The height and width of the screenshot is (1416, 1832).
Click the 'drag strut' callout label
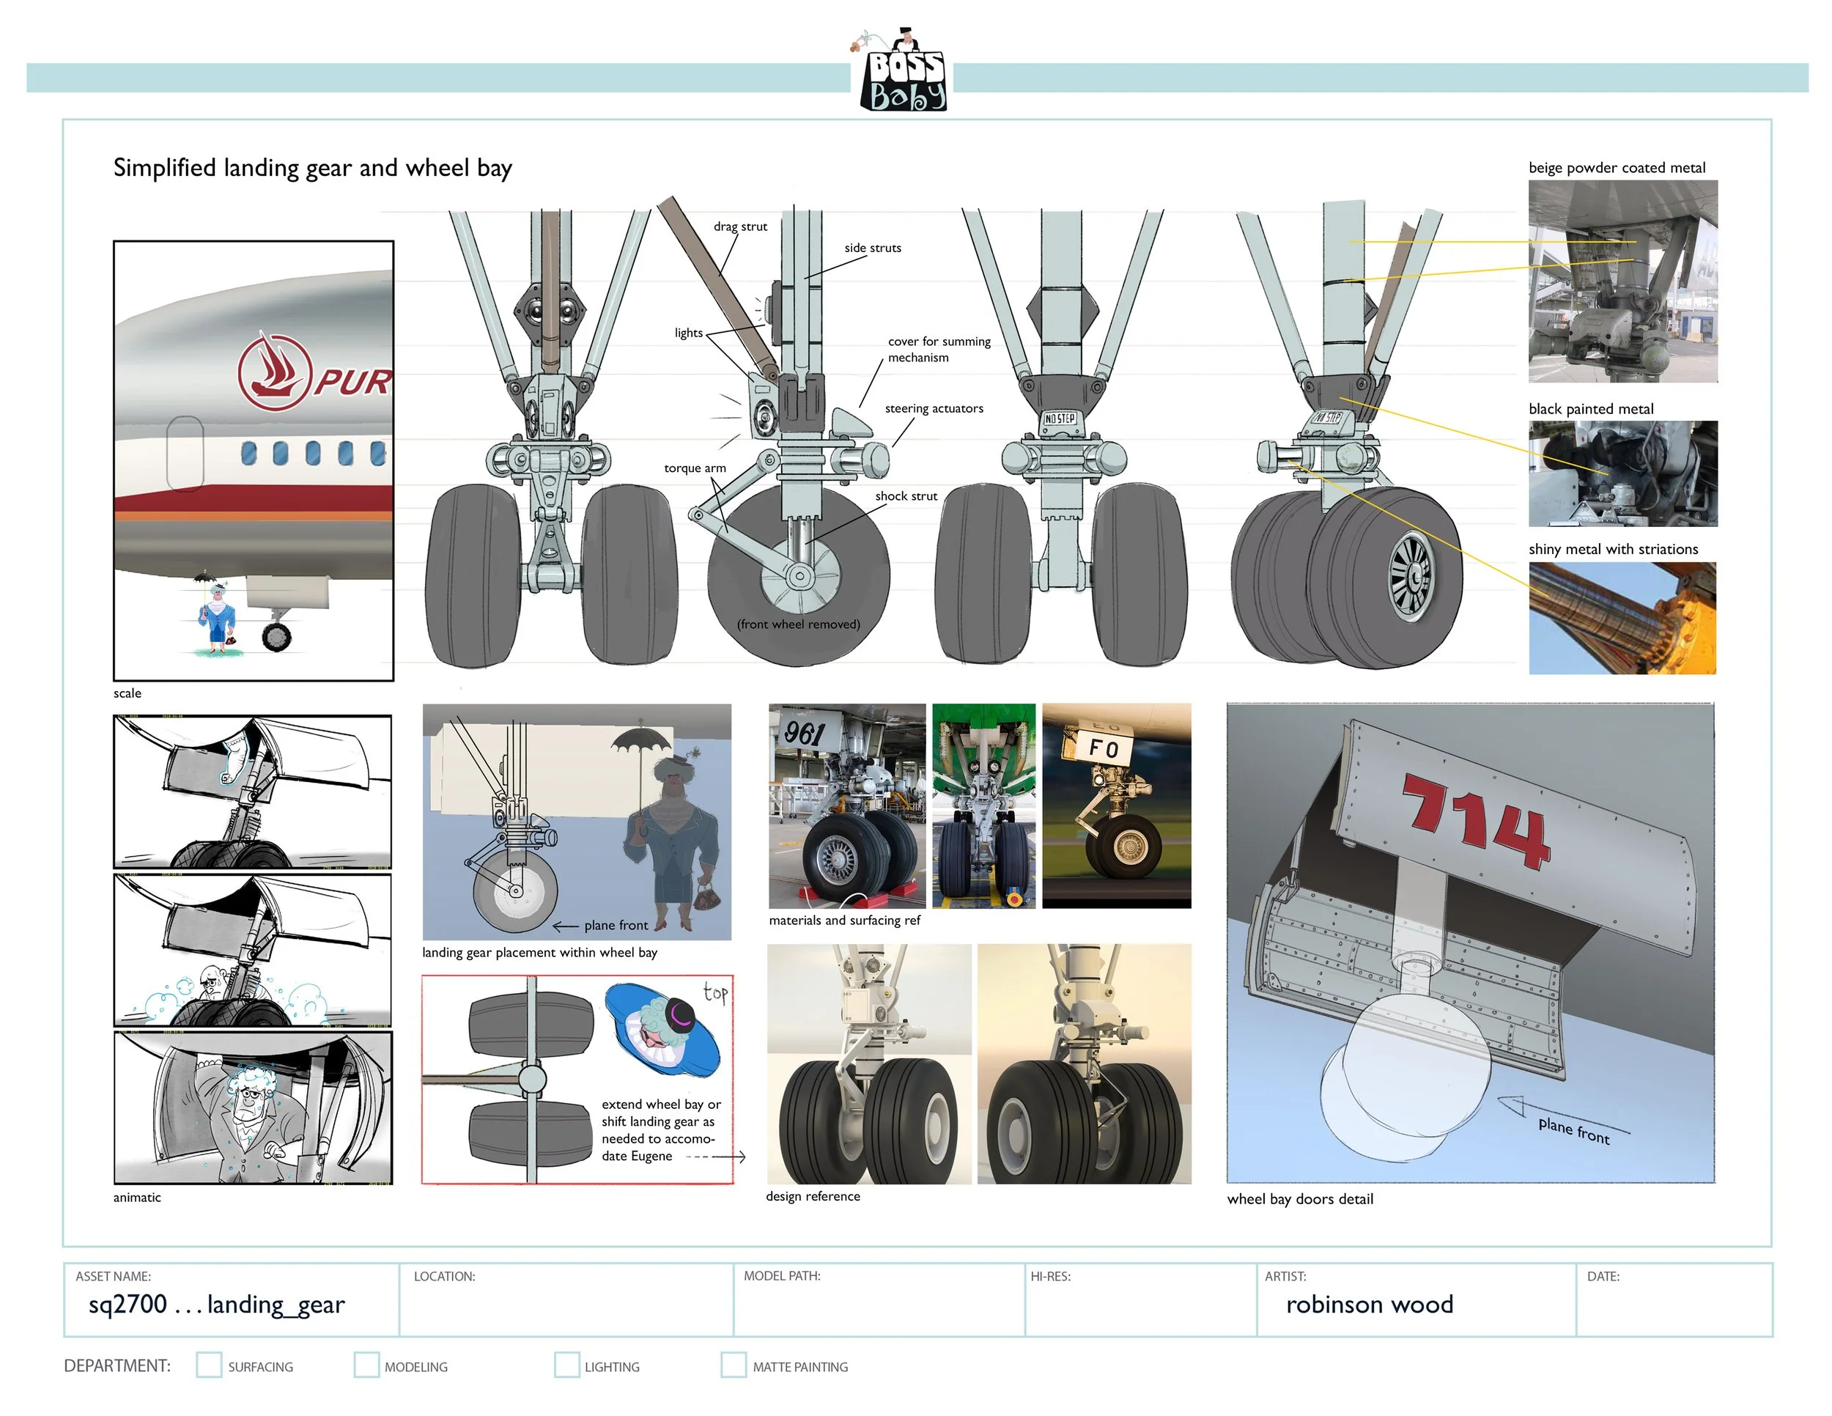click(740, 226)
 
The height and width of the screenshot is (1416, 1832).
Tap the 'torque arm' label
click(695, 468)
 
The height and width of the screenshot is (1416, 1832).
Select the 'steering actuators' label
click(934, 408)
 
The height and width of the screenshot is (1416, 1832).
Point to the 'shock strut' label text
click(906, 495)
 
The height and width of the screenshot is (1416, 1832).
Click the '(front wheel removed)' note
click(799, 624)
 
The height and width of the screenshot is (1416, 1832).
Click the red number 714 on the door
click(1477, 822)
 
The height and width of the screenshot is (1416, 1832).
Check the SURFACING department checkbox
click(209, 1365)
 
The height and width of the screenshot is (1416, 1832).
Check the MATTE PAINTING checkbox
click(733, 1365)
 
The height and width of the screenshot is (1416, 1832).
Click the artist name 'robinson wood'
click(1369, 1305)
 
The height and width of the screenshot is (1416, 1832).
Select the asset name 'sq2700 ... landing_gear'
click(216, 1305)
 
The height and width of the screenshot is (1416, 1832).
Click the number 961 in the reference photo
click(805, 733)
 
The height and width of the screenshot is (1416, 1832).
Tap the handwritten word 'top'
click(715, 993)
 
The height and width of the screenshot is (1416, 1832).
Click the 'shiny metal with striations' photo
click(1622, 619)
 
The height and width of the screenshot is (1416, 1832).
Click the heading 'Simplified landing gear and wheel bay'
click(312, 168)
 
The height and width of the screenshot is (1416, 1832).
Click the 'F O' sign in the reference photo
click(1103, 748)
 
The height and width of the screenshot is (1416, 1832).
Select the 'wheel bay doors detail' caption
click(1299, 1199)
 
